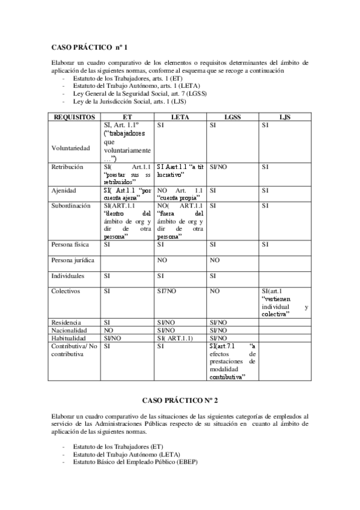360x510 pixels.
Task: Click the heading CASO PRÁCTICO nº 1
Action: coord(89,46)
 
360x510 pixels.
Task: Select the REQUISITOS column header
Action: coord(75,117)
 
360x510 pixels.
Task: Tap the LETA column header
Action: coord(180,117)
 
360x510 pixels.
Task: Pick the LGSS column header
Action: coord(232,117)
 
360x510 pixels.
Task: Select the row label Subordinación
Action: coord(71,205)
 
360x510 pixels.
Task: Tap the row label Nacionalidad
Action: coord(70,330)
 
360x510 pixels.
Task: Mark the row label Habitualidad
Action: coord(70,339)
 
